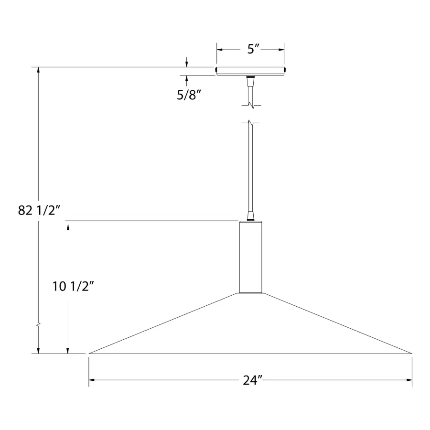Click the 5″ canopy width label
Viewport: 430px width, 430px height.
[x=253, y=49]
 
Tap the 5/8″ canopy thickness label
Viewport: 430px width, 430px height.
[x=189, y=95]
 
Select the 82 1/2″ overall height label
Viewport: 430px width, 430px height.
[x=39, y=210]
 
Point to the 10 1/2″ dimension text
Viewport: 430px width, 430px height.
[x=73, y=286]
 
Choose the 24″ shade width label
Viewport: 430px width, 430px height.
[x=253, y=380]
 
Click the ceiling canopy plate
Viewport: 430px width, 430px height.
[x=250, y=71]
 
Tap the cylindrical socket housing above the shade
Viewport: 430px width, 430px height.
[x=250, y=257]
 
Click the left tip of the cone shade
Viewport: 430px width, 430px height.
[x=89, y=354]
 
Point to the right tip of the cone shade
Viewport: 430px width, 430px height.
[x=412, y=354]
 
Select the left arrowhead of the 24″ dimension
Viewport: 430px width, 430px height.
[x=92, y=380]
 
